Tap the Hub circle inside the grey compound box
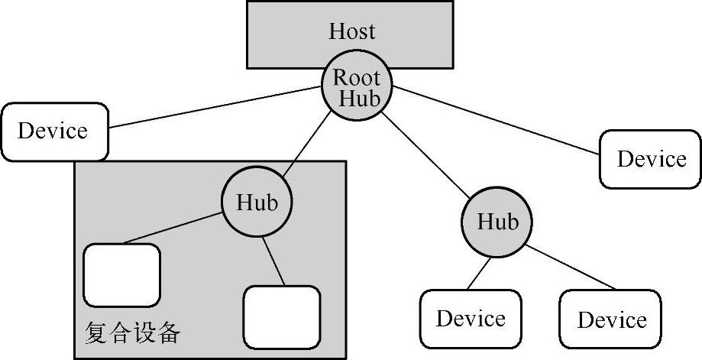click(257, 203)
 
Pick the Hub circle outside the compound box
click(497, 222)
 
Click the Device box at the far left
click(53, 131)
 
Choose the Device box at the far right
click(651, 159)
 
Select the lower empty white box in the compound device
click(281, 316)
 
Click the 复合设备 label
click(131, 332)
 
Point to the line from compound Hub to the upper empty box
click(172, 232)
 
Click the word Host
click(352, 31)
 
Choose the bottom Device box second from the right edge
click(471, 319)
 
